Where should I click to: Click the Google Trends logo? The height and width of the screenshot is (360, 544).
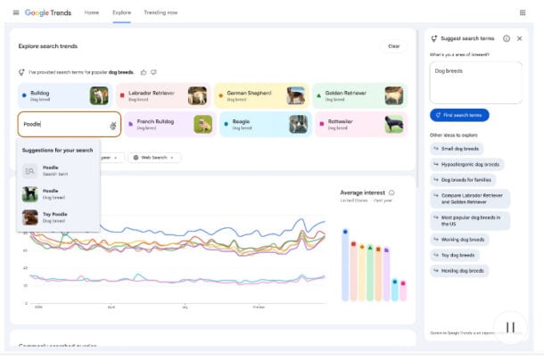click(49, 12)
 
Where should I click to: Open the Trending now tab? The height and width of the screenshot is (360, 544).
click(161, 12)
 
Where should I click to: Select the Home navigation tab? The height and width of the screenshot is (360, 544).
click(91, 12)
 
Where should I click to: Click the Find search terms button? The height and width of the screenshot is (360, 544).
click(459, 115)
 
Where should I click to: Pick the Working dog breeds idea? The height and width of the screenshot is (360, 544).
click(465, 239)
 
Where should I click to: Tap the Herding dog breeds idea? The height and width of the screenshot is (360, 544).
click(463, 270)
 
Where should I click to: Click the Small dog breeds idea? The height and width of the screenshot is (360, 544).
click(460, 148)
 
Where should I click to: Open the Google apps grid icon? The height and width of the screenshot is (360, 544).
click(522, 12)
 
